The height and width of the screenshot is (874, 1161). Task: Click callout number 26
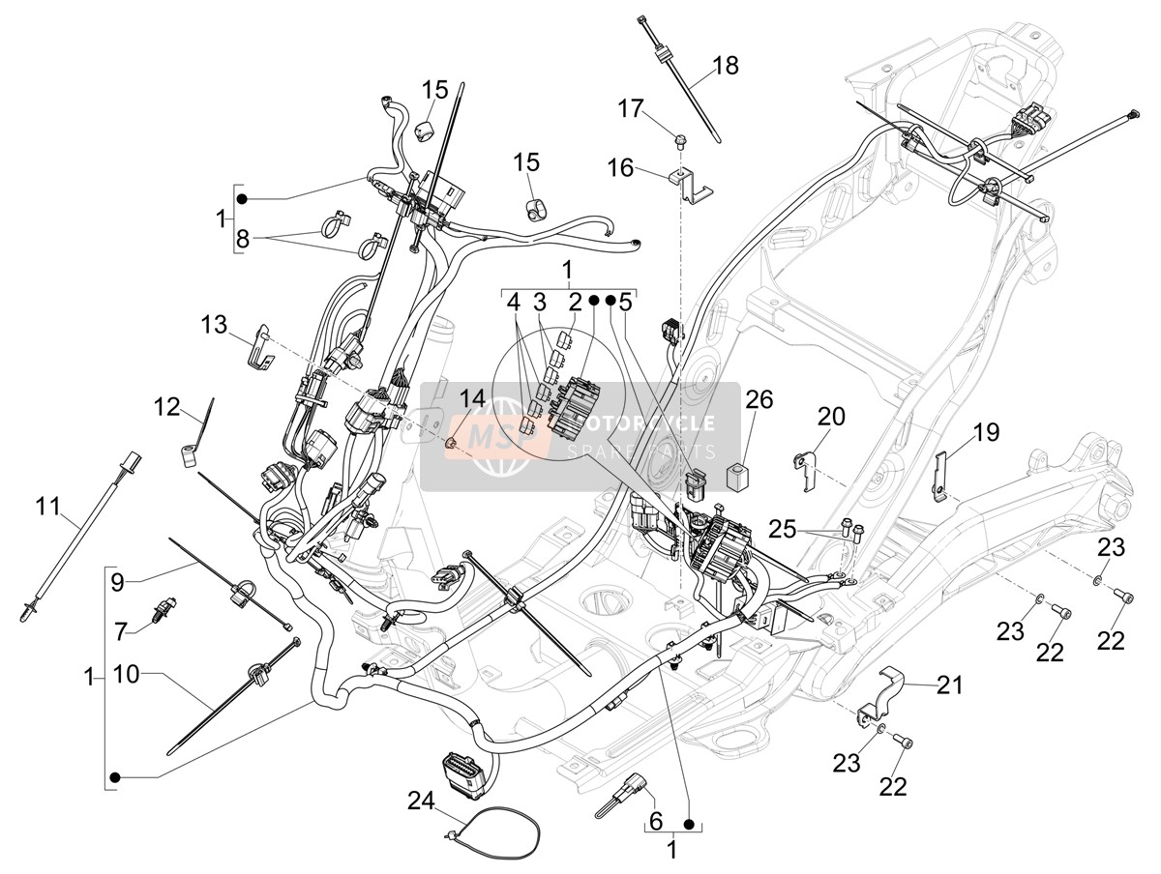759,400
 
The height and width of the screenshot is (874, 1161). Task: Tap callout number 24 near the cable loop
422,801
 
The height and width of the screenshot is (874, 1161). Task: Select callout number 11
48,507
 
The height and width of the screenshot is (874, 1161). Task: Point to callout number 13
214,325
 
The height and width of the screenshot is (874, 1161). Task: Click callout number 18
726,66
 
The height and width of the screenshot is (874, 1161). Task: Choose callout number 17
631,109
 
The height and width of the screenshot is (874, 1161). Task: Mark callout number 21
949,685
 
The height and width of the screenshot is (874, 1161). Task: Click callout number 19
986,432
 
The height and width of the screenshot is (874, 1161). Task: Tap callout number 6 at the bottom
656,822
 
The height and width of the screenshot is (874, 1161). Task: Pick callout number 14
472,398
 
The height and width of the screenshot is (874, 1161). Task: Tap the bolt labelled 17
677,140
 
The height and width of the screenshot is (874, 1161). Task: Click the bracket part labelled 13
262,344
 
